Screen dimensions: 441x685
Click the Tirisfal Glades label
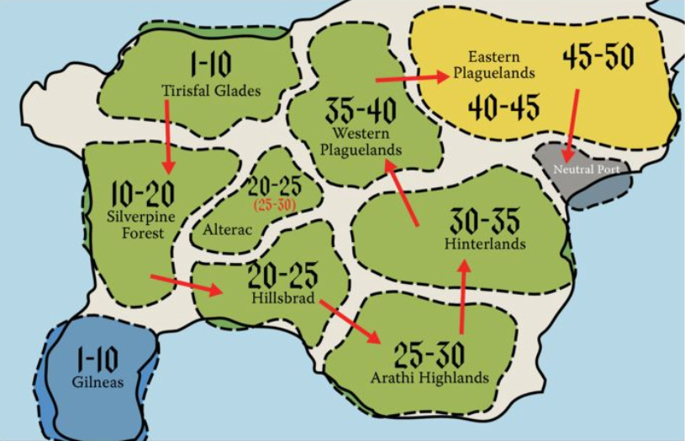click(211, 90)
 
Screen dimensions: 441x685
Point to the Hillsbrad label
click(282, 297)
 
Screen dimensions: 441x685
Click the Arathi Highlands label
click(429, 378)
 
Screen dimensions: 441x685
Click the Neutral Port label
click(586, 170)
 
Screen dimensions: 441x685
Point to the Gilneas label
click(97, 382)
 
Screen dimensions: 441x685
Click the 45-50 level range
click(598, 58)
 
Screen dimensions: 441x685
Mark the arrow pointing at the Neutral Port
click(572, 124)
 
